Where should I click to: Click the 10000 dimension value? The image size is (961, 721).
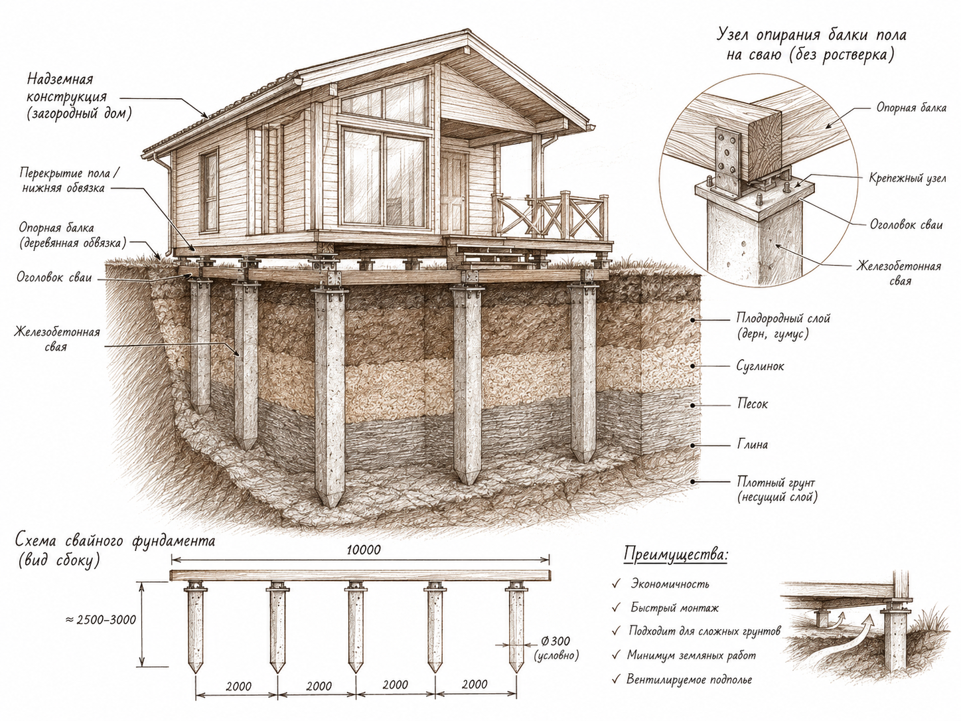(364, 550)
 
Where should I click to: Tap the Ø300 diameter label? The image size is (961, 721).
(555, 641)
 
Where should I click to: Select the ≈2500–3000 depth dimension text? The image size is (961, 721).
(101, 619)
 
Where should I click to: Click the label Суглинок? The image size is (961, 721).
(760, 366)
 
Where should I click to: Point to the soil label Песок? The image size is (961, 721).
(753, 404)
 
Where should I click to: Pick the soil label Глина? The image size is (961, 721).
(753, 445)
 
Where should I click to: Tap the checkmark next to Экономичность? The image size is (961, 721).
(617, 584)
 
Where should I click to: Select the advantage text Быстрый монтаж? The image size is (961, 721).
(675, 607)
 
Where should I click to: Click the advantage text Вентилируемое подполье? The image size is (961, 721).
(689, 679)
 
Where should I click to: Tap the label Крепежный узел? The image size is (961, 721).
(908, 179)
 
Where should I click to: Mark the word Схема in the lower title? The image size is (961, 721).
(38, 541)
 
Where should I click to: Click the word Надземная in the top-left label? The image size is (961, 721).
(60, 80)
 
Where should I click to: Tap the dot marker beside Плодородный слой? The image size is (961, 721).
(694, 320)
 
